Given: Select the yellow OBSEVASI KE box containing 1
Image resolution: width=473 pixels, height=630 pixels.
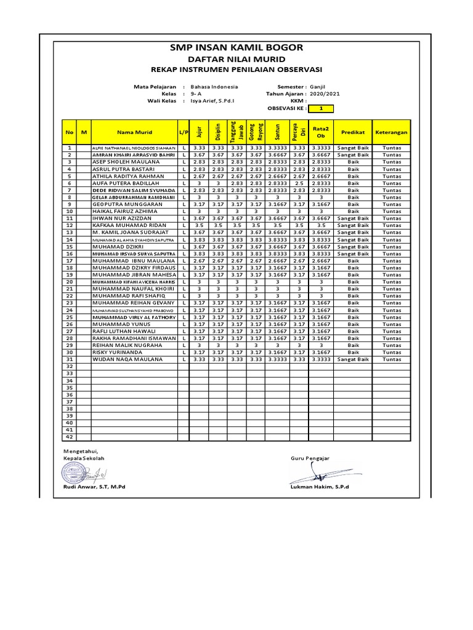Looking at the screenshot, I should point(320,108).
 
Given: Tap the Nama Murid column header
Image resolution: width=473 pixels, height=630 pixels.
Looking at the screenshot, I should point(134,132).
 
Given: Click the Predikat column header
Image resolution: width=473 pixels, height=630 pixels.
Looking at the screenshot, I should point(353,132).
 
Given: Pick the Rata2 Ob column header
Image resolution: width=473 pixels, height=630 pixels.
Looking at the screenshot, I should point(320,132).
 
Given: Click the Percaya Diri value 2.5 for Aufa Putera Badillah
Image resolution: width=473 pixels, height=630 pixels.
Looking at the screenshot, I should point(299,183).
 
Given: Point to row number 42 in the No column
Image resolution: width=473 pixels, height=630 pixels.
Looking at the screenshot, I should point(70,437).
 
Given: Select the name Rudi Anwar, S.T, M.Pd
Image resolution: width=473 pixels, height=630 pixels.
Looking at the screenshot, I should point(94,487).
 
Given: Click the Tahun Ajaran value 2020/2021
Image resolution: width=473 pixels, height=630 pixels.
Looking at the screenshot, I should point(325,94).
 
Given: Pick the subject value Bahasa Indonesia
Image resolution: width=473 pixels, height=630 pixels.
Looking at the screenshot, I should point(216,87).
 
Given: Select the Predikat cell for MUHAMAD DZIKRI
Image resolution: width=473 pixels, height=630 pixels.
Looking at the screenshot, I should point(353,247).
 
